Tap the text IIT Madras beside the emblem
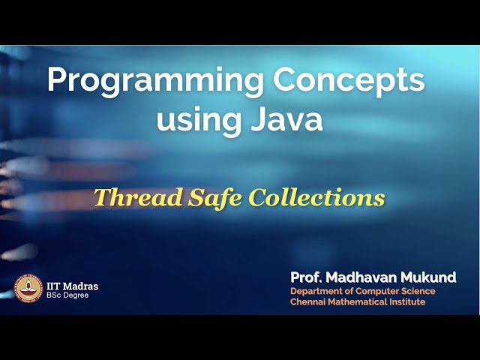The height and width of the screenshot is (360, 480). [72, 286]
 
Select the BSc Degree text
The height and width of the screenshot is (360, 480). [66, 295]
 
